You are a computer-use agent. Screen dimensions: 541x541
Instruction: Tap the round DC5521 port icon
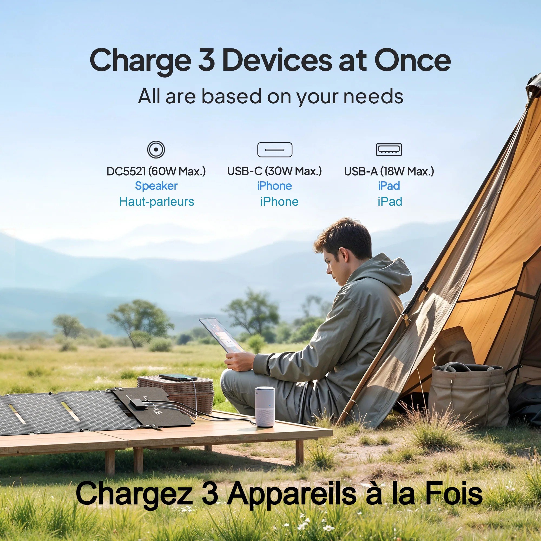[156, 150]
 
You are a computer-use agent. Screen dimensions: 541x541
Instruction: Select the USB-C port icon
[275, 150]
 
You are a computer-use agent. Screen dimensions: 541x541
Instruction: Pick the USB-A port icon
[389, 150]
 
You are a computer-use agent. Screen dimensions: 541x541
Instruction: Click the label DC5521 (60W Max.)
[156, 171]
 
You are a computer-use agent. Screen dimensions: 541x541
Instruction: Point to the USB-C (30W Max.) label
[274, 171]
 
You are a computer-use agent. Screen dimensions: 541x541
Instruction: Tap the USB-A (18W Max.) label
[389, 171]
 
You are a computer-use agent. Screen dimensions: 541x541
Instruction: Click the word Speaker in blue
[156, 186]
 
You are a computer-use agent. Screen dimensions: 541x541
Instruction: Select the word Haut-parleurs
[157, 202]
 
